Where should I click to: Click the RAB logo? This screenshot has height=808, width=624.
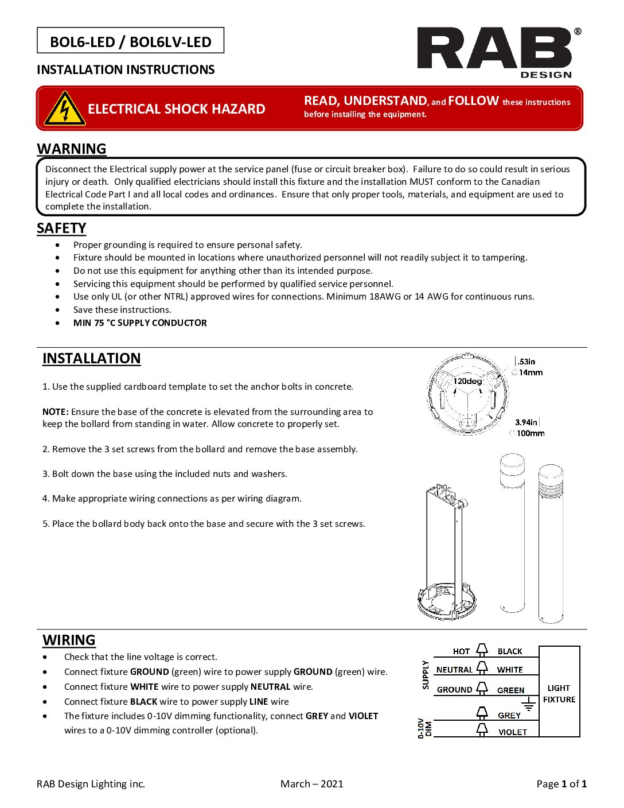(494, 52)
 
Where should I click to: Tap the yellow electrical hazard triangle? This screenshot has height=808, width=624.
(65, 108)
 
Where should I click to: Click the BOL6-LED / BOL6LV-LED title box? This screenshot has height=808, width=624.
(131, 41)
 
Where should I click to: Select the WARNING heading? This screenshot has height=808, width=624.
(72, 149)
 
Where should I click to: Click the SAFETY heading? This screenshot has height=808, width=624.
(61, 228)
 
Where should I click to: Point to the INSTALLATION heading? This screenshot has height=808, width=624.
(91, 358)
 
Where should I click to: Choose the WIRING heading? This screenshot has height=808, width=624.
(69, 640)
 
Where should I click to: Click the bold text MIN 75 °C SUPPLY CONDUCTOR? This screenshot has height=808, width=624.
(140, 323)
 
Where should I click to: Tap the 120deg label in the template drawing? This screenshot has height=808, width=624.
(467, 381)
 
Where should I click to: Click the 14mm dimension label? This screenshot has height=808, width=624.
(531, 372)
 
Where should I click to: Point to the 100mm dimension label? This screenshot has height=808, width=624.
(531, 433)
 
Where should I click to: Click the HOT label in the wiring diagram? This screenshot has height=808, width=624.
(461, 651)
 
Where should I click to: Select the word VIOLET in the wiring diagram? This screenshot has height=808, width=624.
(512, 732)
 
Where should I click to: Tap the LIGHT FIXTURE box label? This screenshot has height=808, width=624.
(559, 693)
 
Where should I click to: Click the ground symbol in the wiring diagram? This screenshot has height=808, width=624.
(528, 708)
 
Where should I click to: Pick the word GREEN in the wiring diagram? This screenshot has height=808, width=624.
(510, 690)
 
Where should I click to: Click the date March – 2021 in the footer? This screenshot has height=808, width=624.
(311, 784)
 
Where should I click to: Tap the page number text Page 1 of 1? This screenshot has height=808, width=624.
(561, 784)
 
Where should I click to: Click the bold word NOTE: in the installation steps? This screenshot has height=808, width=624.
(56, 411)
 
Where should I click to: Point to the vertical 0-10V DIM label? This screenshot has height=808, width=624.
(424, 728)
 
